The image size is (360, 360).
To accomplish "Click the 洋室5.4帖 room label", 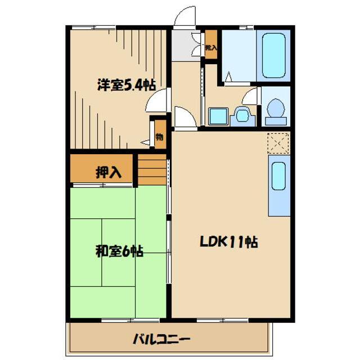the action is coord(127,85).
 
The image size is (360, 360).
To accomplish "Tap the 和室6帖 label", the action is coord(119,251).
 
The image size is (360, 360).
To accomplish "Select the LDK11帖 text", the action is coord(229,241).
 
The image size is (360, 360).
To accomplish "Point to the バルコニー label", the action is coord(161,339).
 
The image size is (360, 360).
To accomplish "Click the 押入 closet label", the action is coord(109,172).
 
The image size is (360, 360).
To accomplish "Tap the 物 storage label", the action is coord(159,137).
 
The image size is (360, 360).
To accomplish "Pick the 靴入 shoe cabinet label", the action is coord(211,48).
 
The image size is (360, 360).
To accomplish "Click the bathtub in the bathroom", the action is coord(274,56).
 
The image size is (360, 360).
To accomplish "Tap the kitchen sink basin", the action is coord(279,176).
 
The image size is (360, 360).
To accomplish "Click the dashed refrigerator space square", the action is coord(278,143).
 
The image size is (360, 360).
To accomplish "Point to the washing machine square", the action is coord(218,116).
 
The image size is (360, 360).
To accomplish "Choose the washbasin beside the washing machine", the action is coord(242,116).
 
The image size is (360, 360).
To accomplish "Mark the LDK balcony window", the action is coord(222,320).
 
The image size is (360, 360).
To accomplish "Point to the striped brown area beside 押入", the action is coord(152,169).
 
